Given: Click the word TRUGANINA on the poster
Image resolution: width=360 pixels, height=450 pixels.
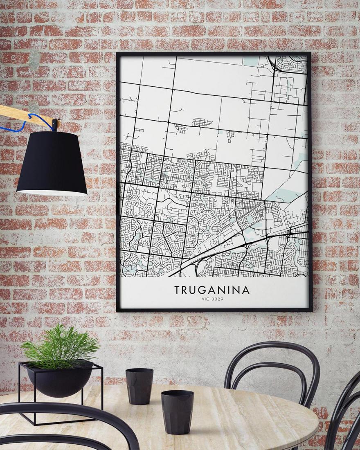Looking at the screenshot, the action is tap(211, 290).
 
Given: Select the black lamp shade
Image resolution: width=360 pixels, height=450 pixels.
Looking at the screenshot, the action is tap(52, 164).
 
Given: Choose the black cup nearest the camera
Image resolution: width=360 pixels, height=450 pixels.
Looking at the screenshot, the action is tap(177, 411).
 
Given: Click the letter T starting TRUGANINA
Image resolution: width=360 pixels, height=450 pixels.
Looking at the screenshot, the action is tap(177, 290).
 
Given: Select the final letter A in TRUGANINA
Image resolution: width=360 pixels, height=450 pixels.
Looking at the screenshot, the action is tap(245, 290).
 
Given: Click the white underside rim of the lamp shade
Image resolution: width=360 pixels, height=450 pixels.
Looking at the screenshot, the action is tap(52, 192).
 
